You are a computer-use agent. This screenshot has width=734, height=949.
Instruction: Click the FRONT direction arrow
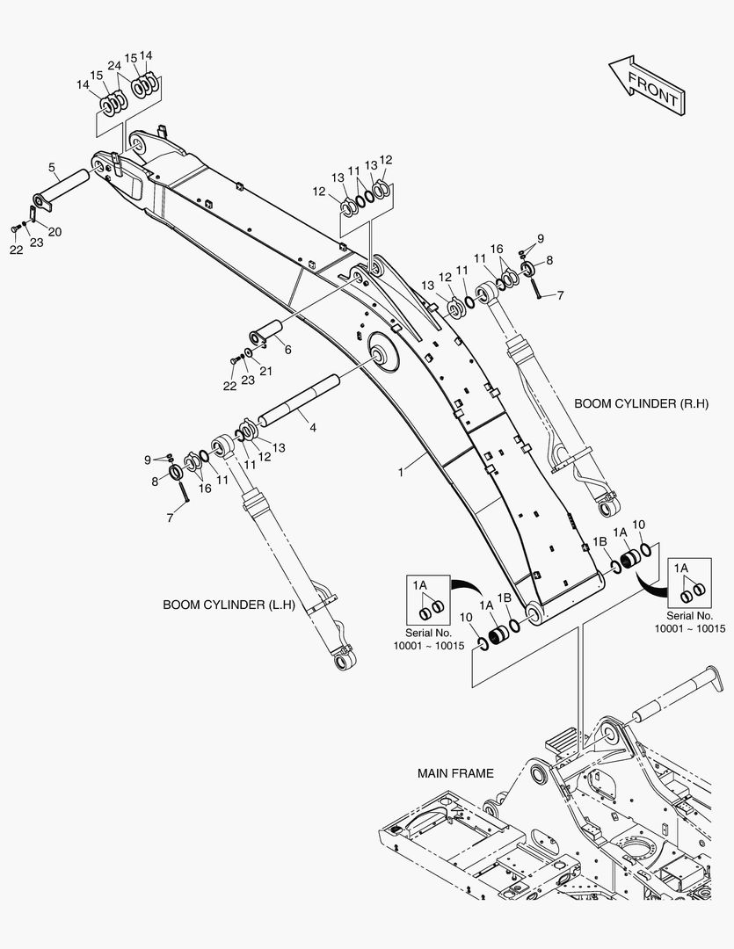click(645, 85)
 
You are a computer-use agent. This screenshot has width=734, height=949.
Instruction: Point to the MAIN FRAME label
click(455, 773)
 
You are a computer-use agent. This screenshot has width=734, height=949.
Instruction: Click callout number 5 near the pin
click(52, 167)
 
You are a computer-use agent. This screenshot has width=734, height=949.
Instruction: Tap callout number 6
click(287, 350)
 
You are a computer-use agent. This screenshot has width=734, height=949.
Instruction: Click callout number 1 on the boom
click(401, 472)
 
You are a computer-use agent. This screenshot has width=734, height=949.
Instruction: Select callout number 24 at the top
click(113, 66)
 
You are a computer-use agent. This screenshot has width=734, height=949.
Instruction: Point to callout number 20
click(55, 232)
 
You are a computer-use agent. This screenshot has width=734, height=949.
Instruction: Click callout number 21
click(265, 371)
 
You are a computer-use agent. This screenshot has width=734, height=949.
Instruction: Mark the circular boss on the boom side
click(382, 356)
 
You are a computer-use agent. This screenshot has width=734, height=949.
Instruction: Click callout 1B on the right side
click(600, 543)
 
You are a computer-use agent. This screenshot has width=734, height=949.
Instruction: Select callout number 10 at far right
click(639, 525)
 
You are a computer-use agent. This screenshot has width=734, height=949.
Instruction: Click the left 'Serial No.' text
click(427, 633)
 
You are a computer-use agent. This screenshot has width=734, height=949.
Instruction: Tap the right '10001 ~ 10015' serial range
click(689, 628)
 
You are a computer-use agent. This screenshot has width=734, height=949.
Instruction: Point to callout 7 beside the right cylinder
click(560, 297)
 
